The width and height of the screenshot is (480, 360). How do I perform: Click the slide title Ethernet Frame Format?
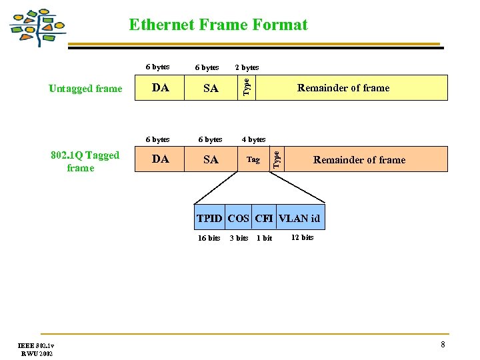point(218,25)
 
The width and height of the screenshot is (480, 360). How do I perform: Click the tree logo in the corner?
point(38,27)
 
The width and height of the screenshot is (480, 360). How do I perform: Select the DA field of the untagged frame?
point(160,87)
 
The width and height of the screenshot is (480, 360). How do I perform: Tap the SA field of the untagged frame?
point(211,87)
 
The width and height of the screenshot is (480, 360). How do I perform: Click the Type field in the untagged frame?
point(246,87)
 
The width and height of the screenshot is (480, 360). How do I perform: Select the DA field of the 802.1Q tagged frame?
point(160,159)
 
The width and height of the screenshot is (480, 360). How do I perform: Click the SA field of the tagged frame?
point(211,159)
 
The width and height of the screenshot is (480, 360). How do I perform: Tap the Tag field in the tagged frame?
point(253,159)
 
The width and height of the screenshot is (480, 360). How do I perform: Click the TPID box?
point(210,218)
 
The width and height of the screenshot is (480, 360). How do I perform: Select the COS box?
point(238,218)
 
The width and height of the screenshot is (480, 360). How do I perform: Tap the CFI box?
point(263,218)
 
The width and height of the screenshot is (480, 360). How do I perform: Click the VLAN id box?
point(299,218)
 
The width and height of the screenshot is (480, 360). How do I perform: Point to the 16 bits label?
point(209,238)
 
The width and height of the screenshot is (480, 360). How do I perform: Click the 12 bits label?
point(302,237)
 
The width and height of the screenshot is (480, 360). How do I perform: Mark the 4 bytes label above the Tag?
point(253,139)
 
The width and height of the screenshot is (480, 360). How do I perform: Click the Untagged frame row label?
point(85,89)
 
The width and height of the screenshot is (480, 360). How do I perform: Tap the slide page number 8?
point(442,345)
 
